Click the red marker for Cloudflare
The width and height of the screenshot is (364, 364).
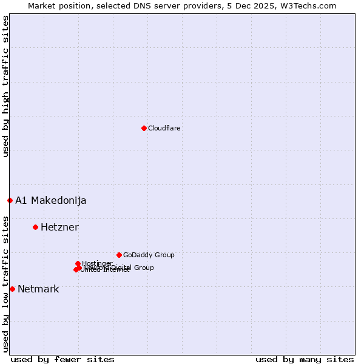click(144, 128)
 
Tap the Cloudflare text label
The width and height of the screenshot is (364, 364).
click(164, 128)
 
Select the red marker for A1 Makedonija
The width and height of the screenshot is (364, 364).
click(10, 200)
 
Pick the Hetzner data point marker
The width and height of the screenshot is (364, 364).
click(35, 227)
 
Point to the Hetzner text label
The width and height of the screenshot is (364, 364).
click(59, 227)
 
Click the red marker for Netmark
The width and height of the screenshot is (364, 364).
click(12, 289)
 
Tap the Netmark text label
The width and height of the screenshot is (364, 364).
click(38, 289)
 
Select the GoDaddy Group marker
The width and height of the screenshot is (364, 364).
click(119, 255)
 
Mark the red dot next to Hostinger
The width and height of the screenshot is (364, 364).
click(78, 263)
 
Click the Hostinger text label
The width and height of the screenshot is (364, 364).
click(97, 263)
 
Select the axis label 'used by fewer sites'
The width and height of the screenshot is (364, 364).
click(62, 359)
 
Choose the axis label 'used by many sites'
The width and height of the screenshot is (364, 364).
click(305, 359)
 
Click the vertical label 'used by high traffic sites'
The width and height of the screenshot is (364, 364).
click(5, 86)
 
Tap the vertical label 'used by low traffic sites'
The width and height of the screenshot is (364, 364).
click(5, 283)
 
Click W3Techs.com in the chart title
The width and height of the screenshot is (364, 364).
click(311, 5)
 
